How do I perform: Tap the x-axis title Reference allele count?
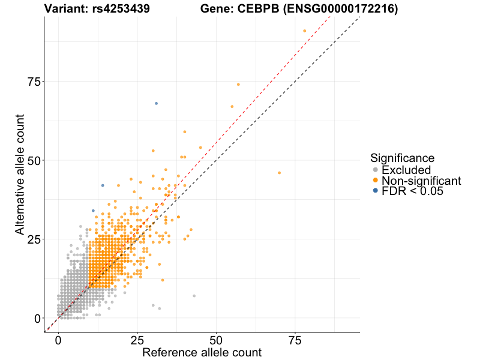point(202,352)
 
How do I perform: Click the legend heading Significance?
point(402,158)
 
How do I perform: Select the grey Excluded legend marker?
point(376,170)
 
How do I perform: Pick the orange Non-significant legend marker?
point(376,181)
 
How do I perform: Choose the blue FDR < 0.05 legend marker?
point(376,191)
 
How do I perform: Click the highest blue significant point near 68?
point(156,103)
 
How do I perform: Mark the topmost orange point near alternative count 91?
point(304,31)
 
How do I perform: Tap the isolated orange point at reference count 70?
point(279,173)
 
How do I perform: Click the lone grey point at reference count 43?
point(194,296)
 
